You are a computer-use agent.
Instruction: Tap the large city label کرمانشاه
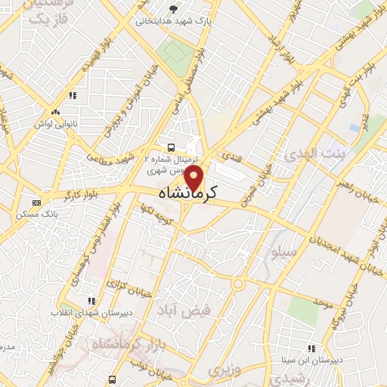click(188, 194)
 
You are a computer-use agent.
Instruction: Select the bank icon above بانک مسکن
click(36, 203)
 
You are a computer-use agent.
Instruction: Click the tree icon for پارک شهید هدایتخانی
click(175, 9)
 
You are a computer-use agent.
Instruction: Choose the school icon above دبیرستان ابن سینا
click(310, 348)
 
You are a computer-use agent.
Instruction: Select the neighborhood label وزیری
click(224, 370)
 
